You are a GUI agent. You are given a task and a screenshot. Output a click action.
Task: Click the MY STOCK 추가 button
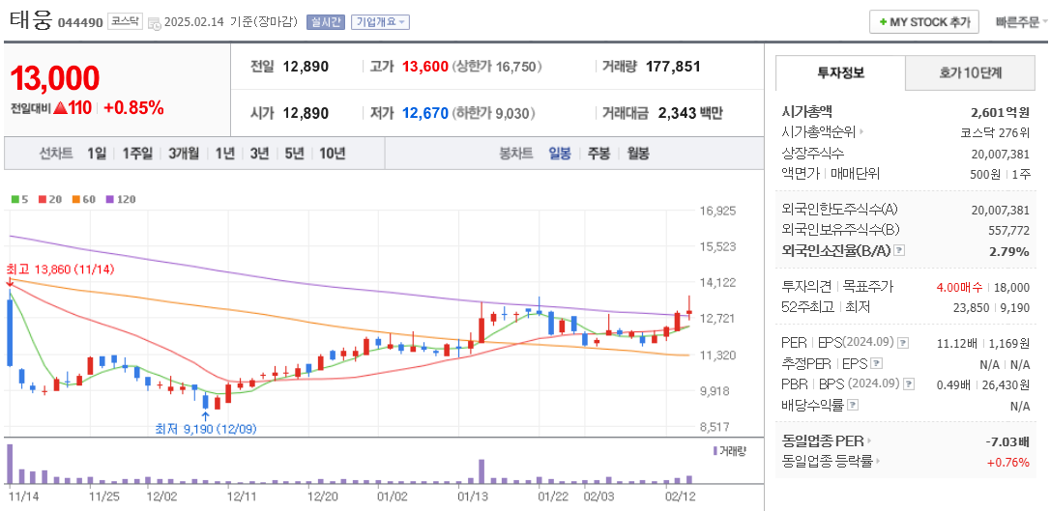tap(923, 22)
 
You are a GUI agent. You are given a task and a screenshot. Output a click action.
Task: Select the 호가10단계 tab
tap(970, 72)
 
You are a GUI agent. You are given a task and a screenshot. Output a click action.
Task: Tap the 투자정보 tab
tap(840, 72)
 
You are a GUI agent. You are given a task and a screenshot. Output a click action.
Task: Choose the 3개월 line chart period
tap(183, 153)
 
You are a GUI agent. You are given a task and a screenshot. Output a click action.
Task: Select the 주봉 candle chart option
tap(598, 153)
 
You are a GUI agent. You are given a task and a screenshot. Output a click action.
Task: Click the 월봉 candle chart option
tap(637, 153)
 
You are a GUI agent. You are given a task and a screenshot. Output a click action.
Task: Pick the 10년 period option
tap(332, 153)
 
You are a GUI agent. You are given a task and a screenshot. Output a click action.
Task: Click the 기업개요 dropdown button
tap(380, 22)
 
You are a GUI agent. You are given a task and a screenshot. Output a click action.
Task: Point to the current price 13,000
tap(55, 78)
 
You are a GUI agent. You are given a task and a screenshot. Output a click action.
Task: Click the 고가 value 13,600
tap(425, 67)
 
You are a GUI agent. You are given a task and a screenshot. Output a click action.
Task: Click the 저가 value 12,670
tap(425, 113)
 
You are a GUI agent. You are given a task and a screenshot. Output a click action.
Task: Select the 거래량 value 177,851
tap(673, 67)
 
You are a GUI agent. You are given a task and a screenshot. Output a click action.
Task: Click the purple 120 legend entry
tap(120, 199)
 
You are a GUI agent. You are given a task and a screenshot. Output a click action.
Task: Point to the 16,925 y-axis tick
tap(717, 211)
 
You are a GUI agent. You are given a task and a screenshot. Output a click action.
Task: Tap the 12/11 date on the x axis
tap(242, 497)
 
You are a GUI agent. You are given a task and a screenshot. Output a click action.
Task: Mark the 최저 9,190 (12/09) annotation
tap(206, 428)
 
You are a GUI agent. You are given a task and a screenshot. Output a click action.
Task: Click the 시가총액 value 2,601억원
tap(1000, 112)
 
